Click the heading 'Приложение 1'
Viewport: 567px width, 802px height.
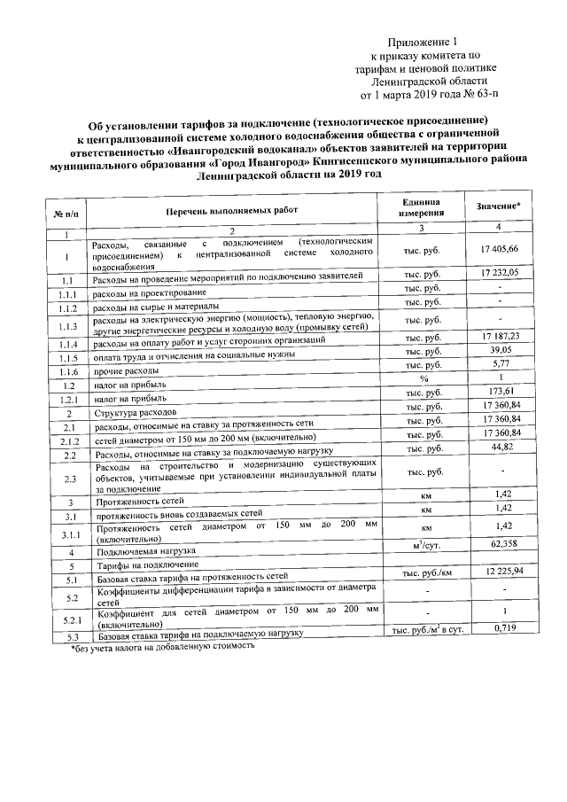click(424, 42)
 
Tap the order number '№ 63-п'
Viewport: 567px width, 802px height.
click(478, 93)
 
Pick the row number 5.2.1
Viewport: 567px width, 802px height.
click(67, 620)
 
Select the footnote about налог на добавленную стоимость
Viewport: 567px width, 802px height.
click(162, 648)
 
